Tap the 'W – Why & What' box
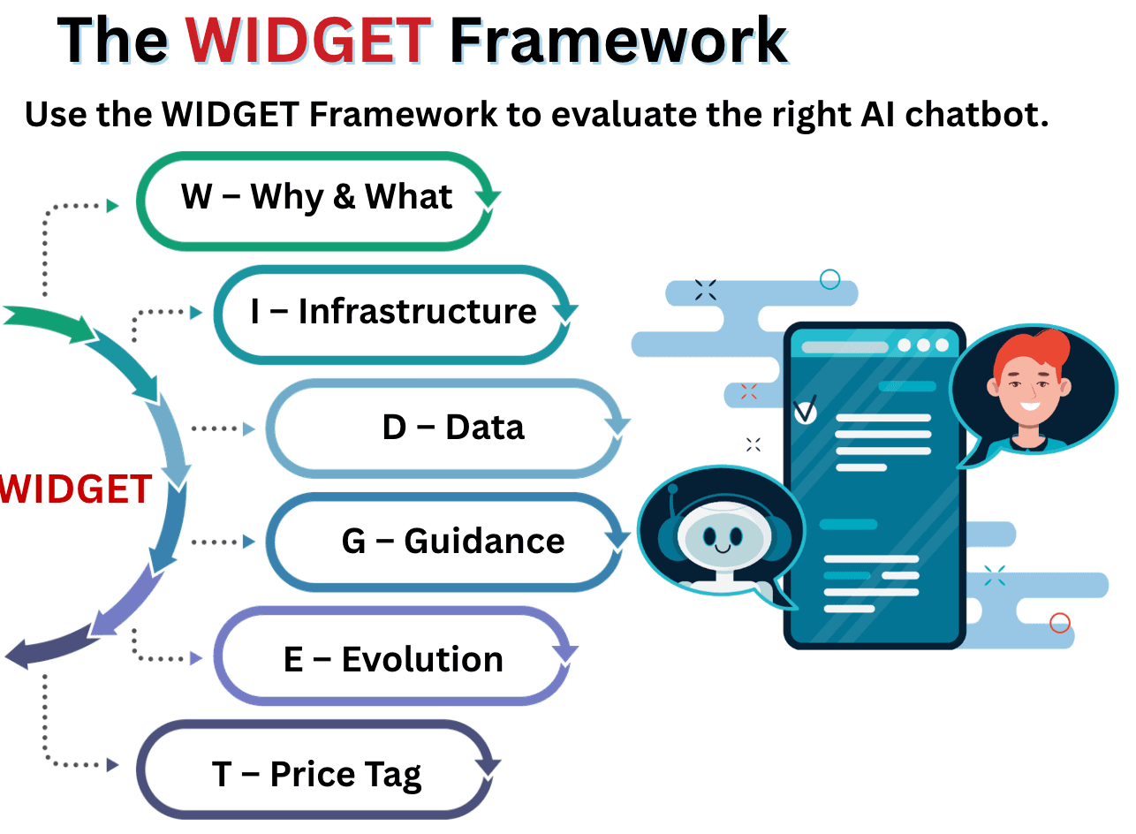pos(316,197)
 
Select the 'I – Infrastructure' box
pos(393,312)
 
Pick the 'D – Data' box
pos(452,428)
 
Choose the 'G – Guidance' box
pos(452,542)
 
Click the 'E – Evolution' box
pos(393,660)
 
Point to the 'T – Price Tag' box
pos(316,775)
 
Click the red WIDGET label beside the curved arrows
pos(74,489)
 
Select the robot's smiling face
pos(722,541)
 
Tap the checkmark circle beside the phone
pos(805,412)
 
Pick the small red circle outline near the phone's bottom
pos(1059,623)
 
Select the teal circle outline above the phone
pos(829,280)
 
